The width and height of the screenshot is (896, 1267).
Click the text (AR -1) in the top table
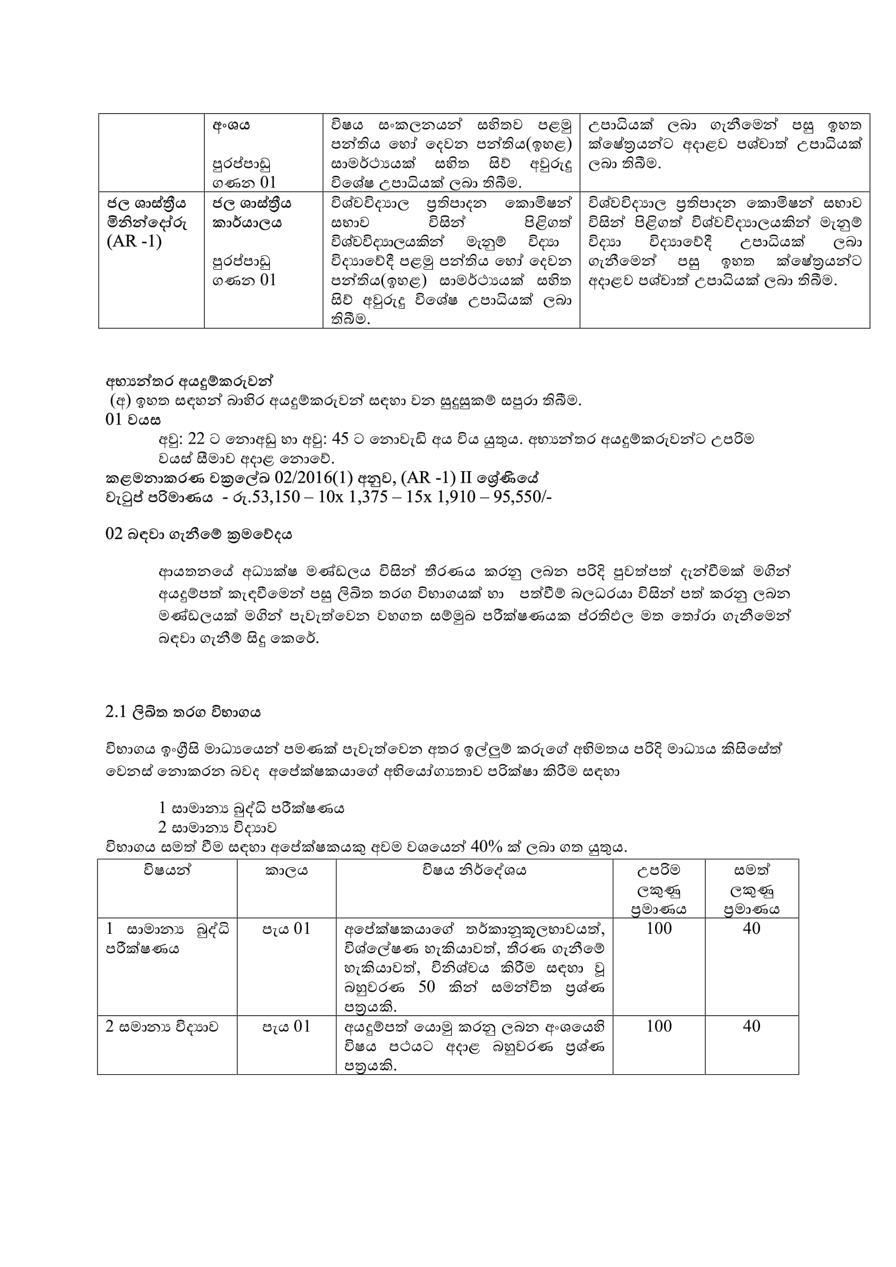(134, 242)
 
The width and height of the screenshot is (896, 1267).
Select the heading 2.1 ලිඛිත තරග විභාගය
(183, 712)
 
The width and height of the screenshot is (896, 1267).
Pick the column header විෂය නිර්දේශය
(475, 871)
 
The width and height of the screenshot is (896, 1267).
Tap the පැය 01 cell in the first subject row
(287, 930)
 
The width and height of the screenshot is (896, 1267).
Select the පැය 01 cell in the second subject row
(287, 1027)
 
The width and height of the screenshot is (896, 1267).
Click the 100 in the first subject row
(659, 929)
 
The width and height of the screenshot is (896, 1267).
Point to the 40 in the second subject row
(751, 1026)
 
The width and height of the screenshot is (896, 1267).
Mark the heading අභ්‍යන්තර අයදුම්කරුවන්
(189, 381)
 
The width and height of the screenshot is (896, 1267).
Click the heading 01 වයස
(133, 420)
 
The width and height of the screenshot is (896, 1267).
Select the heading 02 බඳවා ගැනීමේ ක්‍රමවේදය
(199, 534)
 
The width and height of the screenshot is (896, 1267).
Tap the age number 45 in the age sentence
(340, 439)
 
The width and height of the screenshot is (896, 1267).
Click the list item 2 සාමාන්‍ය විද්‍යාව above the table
(217, 828)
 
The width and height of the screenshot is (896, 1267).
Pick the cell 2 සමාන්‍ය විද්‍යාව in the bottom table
(161, 1027)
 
